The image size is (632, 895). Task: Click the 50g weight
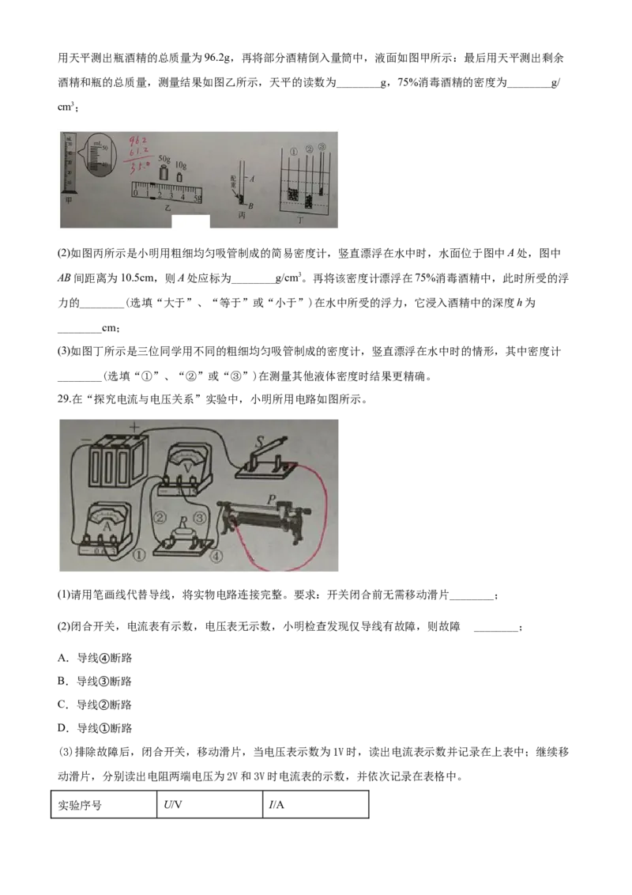(164, 172)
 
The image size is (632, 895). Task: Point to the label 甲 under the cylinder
(68, 200)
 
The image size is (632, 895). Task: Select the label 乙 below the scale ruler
(167, 205)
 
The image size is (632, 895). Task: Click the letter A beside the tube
(251, 179)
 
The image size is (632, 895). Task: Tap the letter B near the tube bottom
(250, 206)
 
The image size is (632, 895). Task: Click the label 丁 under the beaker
(300, 219)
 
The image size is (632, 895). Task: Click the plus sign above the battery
(134, 427)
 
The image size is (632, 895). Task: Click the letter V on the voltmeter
(186, 466)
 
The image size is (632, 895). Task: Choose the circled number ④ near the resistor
(217, 557)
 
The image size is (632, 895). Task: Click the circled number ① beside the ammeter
(139, 555)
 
